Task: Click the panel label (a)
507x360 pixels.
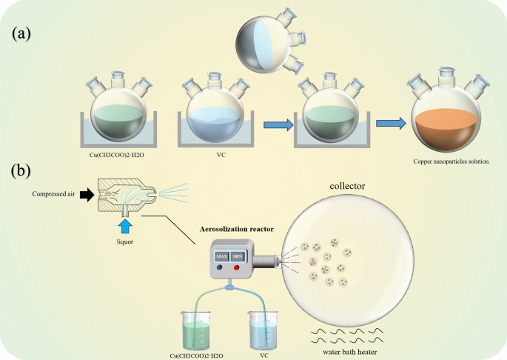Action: pos(24,33)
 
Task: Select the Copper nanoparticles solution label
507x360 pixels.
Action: pos(451,161)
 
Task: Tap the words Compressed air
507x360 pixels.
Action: pos(54,195)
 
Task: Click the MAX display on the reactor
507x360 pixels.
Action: pos(222,256)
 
